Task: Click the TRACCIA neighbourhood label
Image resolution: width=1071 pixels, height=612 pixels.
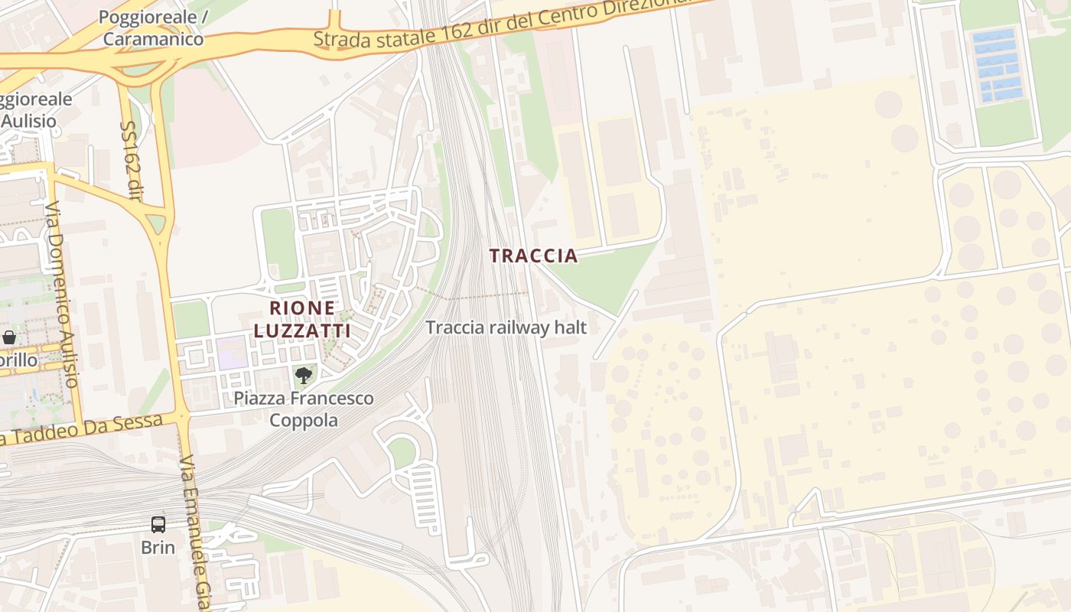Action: [533, 256]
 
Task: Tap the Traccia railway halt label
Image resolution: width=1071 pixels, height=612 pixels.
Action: [506, 327]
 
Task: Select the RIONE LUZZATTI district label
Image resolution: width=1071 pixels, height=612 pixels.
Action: [302, 319]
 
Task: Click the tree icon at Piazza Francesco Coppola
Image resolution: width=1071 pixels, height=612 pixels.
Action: [304, 375]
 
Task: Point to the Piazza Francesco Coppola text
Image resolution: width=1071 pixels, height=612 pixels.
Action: [304, 409]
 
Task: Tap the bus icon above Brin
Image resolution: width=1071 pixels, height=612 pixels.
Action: [158, 525]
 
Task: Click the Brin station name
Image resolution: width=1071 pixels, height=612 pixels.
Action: [158, 548]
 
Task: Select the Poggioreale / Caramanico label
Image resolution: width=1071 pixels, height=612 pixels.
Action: [152, 28]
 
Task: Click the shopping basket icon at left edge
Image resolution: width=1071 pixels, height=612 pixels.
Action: [9, 337]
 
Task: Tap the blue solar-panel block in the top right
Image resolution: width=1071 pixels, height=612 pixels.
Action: [997, 66]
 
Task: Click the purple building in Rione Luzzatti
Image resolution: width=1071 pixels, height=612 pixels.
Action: [231, 351]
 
